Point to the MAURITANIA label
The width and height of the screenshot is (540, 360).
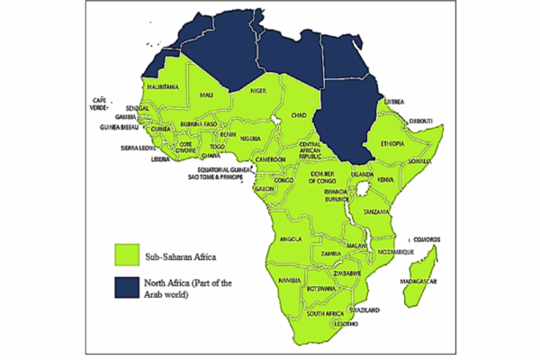pyautogui.click(x=163, y=86)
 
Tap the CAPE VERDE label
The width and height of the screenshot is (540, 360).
pyautogui.click(x=101, y=103)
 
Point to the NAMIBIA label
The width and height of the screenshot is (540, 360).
pyautogui.click(x=290, y=282)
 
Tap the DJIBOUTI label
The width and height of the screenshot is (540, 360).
pyautogui.click(x=419, y=121)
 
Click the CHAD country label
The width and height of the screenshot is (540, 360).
pyautogui.click(x=300, y=115)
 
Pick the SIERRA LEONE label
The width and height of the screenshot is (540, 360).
pyautogui.click(x=140, y=147)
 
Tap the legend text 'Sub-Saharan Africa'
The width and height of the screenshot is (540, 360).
pyautogui.click(x=182, y=256)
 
